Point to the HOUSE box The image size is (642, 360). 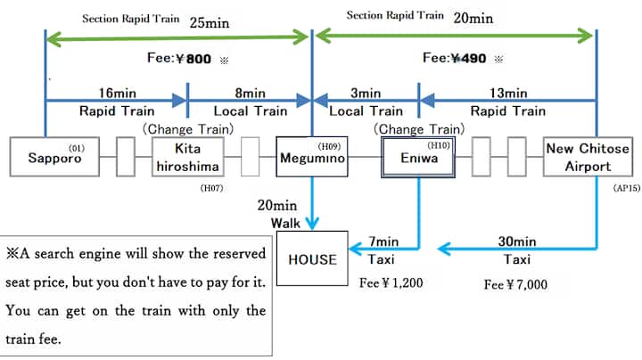click(x=312, y=259)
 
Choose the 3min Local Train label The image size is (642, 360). click(x=366, y=102)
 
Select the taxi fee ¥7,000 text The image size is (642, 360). click(x=515, y=286)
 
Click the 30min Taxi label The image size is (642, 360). click(x=517, y=250)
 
